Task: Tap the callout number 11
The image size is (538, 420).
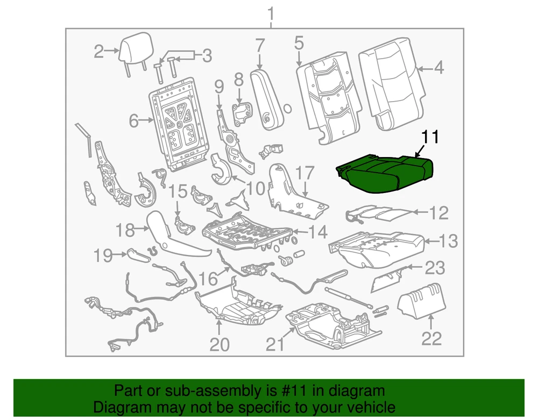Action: [430, 137]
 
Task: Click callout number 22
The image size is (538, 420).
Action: [431, 339]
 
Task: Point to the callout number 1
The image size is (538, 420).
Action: [271, 15]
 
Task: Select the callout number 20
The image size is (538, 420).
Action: [220, 344]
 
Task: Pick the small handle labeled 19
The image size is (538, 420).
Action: [139, 255]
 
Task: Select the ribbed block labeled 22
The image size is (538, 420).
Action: [422, 301]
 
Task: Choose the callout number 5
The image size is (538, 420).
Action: [299, 44]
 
